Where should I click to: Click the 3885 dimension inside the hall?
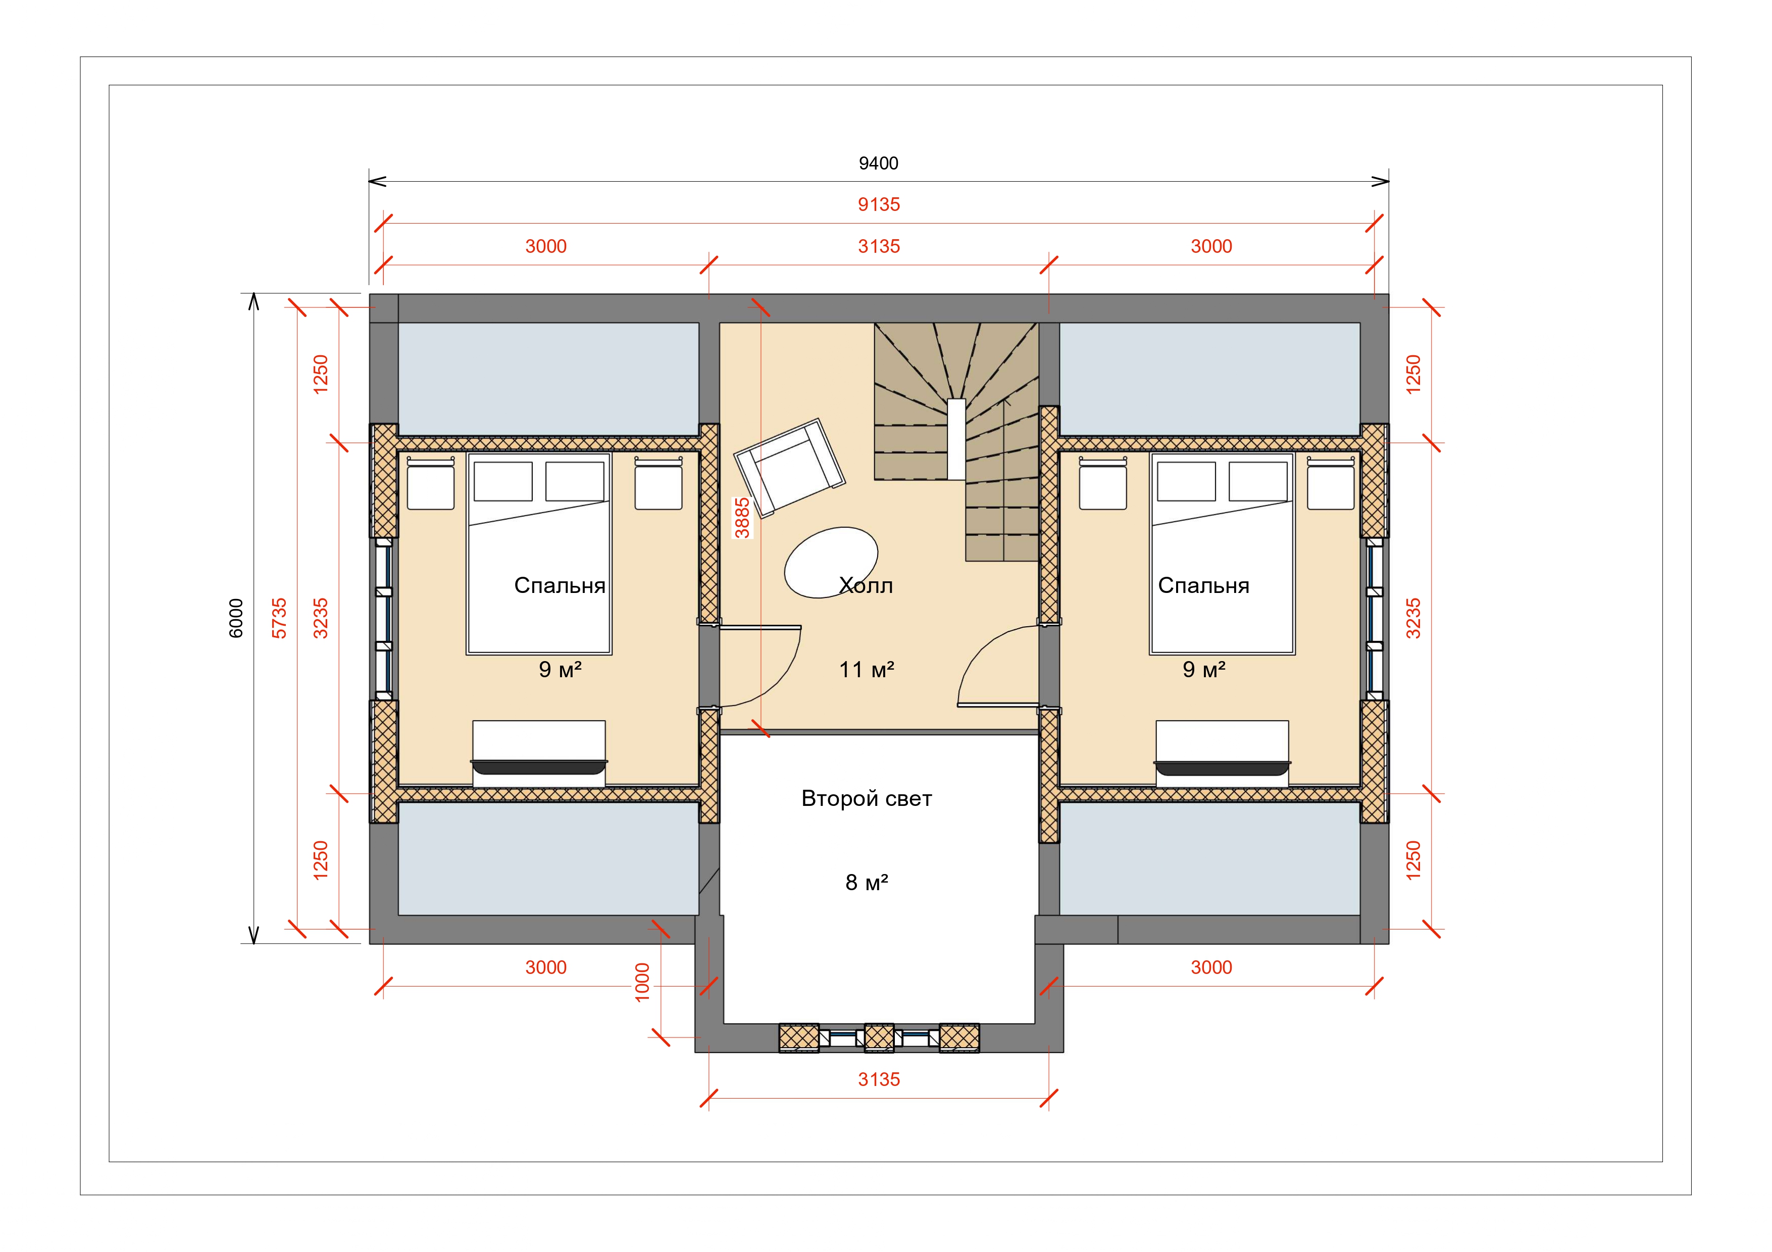point(742,518)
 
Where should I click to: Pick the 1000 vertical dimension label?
point(642,982)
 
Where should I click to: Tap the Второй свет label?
point(867,798)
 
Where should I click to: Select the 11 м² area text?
point(867,670)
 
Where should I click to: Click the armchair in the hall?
point(789,467)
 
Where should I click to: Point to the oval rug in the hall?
point(831,562)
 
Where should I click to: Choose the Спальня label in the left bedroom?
point(560,586)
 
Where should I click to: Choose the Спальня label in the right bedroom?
point(1203,586)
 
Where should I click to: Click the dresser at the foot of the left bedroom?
point(539,753)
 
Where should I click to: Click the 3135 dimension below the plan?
point(879,1080)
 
